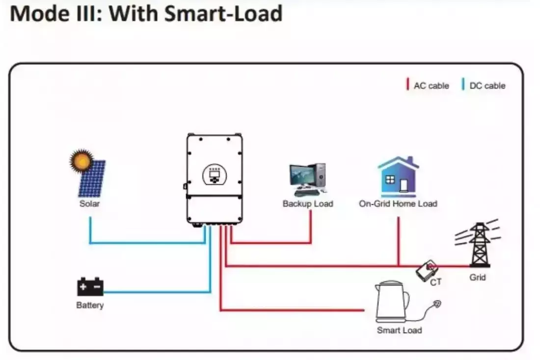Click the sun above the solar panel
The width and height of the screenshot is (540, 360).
click(x=81, y=161)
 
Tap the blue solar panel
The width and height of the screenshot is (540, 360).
click(x=92, y=179)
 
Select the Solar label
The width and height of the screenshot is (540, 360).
click(x=89, y=203)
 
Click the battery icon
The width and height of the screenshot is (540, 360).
click(x=90, y=286)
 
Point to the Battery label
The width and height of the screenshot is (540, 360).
click(x=90, y=305)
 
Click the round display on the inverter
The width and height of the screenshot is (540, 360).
click(x=214, y=174)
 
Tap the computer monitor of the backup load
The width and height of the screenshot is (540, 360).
click(x=302, y=175)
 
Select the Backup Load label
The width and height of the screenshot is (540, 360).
click(x=308, y=203)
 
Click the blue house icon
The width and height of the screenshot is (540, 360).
click(x=398, y=177)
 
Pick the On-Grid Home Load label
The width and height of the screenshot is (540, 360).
click(x=398, y=203)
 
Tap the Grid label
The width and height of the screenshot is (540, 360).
click(x=478, y=277)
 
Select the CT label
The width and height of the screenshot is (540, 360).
click(x=436, y=283)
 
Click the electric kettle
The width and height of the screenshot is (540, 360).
click(x=391, y=301)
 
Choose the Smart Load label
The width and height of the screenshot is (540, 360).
click(x=399, y=330)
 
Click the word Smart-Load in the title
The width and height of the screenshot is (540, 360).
click(x=223, y=14)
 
